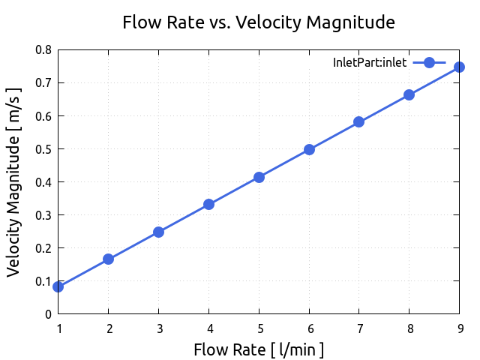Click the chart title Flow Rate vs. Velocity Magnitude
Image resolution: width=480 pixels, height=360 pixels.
[x=259, y=22]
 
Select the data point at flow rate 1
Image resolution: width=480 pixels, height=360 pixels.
[x=58, y=286]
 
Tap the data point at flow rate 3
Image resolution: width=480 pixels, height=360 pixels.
[x=158, y=232]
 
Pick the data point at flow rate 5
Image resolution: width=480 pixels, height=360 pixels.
[x=259, y=177]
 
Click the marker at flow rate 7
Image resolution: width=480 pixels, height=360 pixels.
[x=358, y=121]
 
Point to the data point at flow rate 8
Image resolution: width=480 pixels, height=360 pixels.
[x=409, y=94]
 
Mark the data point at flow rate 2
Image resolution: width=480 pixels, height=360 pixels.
[x=108, y=259]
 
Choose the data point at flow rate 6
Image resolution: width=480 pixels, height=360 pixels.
[x=309, y=149]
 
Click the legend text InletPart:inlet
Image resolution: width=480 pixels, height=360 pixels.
[x=370, y=63]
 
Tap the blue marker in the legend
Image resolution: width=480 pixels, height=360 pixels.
[x=429, y=63]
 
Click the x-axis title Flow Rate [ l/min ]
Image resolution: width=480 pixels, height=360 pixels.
[x=259, y=349]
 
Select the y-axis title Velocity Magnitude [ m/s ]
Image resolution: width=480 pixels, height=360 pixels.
[x=14, y=181]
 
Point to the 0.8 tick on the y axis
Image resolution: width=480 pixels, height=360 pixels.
[x=44, y=50]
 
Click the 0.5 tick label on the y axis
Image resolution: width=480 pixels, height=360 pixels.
[x=44, y=149]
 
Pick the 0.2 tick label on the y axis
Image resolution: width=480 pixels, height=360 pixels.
[x=44, y=248]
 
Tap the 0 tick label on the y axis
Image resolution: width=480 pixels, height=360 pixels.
[x=49, y=314]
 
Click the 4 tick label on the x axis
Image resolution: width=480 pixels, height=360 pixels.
[x=208, y=328]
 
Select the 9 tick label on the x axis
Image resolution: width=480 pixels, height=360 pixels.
[x=459, y=328]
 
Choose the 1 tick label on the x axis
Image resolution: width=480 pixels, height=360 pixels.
[x=58, y=328]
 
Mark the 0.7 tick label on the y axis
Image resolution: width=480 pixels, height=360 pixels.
[x=44, y=83]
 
